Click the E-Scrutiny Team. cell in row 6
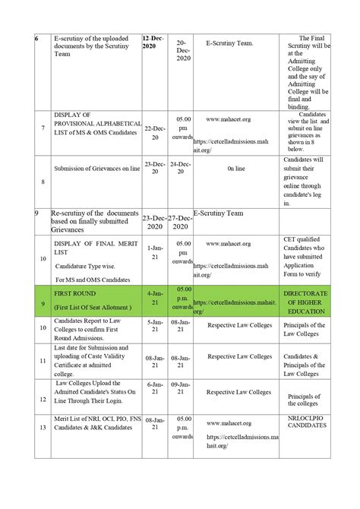229,43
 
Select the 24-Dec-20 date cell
181,168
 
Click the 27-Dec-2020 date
181,222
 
